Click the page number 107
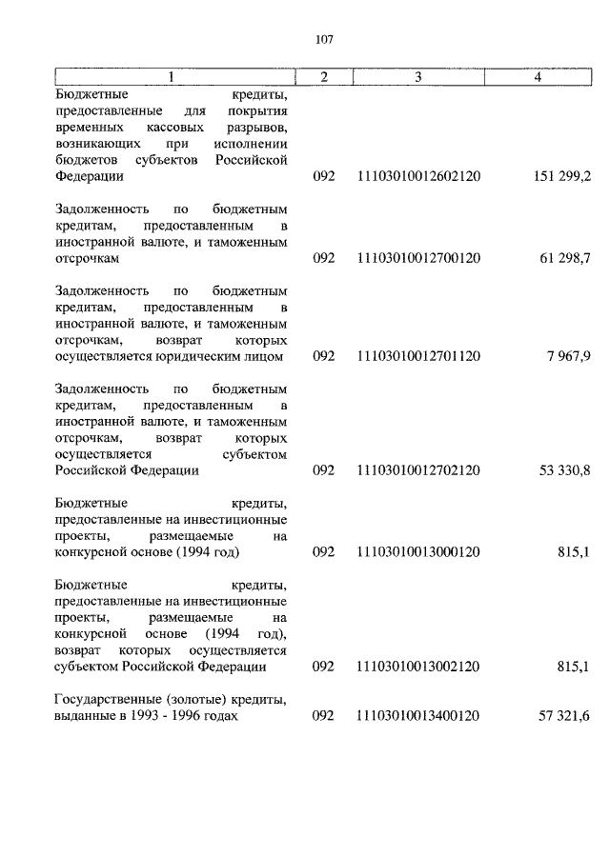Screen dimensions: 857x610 tap(322, 39)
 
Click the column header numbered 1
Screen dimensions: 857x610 tap(173, 76)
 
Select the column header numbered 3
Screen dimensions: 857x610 tap(417, 76)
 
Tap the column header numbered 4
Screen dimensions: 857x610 tap(538, 76)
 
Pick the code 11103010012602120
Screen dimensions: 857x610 tap(417, 177)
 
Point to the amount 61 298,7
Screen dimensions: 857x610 tap(566, 258)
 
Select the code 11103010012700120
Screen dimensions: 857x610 tap(417, 258)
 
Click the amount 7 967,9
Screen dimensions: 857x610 tap(570, 356)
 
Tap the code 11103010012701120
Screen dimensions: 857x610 tap(417, 356)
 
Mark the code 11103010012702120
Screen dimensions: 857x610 tap(417, 470)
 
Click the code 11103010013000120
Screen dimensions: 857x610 tap(417, 552)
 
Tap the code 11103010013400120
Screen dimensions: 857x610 tap(417, 715)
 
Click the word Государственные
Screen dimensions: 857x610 tap(106, 700)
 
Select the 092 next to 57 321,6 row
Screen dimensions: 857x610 tap(323, 715)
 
